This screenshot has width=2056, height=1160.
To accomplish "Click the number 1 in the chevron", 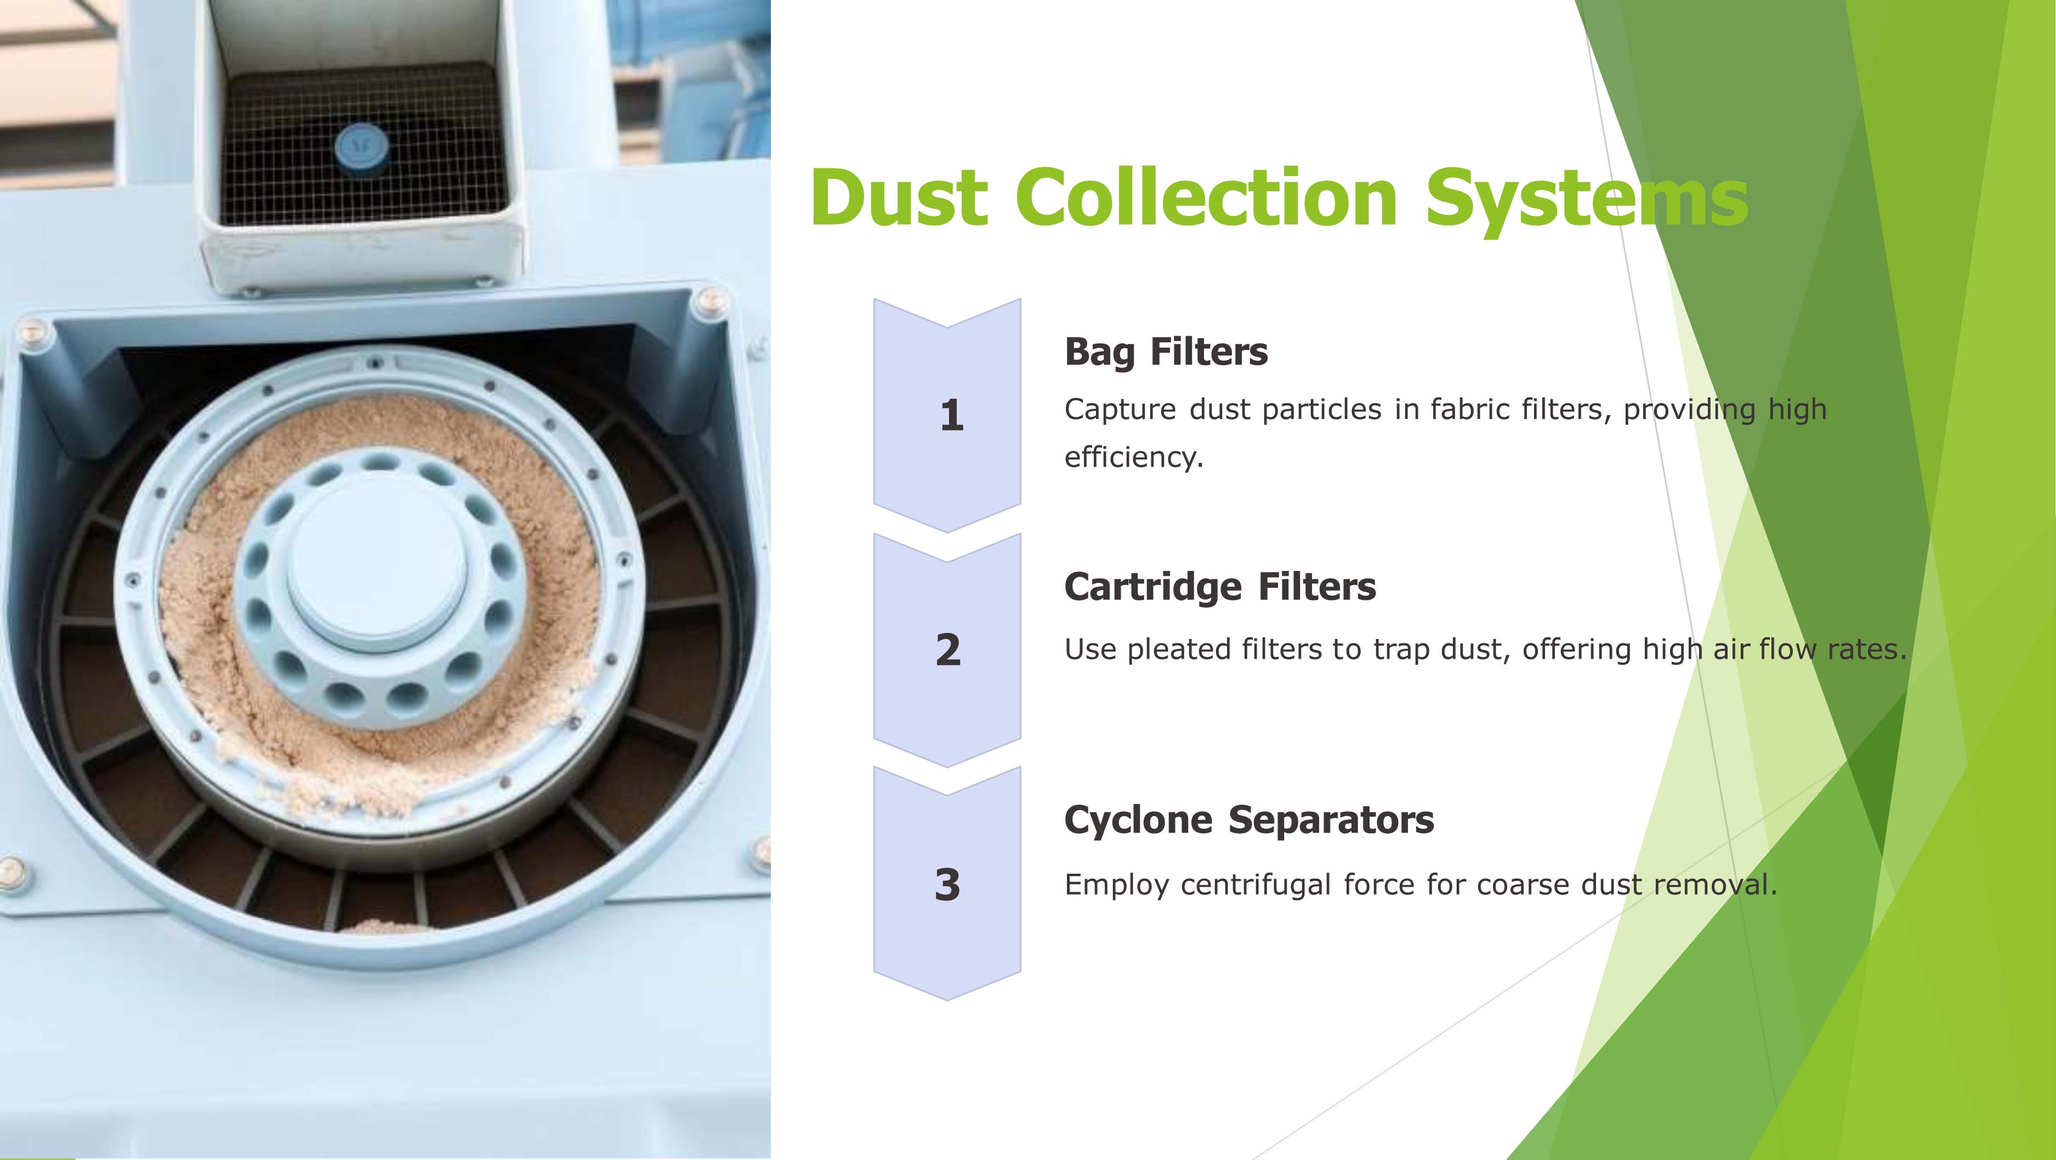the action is point(951,415).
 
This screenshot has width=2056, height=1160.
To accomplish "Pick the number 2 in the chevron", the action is point(948,649).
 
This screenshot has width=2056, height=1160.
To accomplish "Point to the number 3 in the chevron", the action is point(947,885).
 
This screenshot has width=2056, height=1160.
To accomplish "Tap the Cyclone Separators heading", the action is point(1249,820).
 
